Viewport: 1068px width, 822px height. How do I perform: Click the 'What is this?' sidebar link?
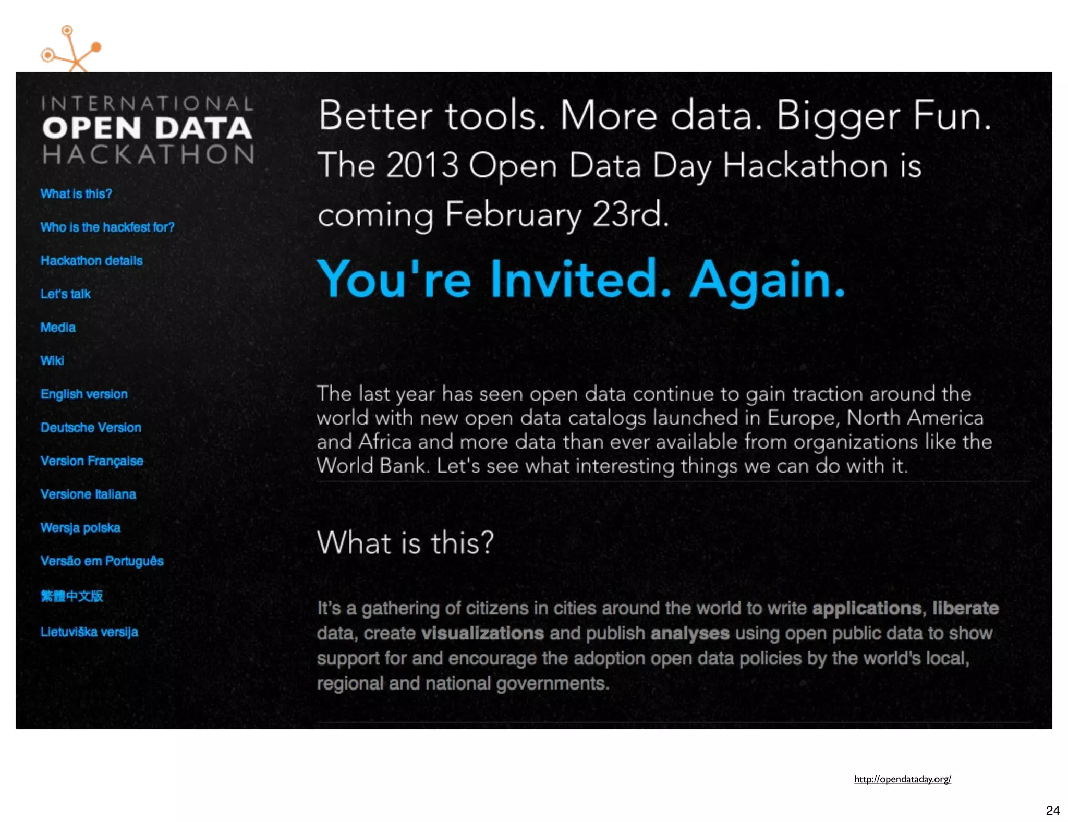tap(76, 194)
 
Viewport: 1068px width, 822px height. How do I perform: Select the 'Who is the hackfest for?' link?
tap(107, 227)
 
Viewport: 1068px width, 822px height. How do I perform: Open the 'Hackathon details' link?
tap(91, 261)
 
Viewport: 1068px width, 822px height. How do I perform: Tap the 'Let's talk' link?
tap(66, 294)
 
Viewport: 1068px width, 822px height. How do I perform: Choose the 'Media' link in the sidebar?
tap(58, 328)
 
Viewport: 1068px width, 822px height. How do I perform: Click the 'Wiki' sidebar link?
tap(52, 361)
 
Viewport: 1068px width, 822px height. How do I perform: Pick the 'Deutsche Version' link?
tap(91, 428)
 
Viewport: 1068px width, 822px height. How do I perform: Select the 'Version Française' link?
tap(92, 461)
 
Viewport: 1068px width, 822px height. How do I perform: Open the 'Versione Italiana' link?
tap(88, 494)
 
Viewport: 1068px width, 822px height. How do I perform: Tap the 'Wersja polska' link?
tap(80, 528)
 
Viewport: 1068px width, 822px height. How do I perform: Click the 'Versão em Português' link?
tap(102, 561)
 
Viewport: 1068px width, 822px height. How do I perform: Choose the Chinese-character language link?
tap(72, 596)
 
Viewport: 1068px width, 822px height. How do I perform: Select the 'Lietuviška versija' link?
tap(89, 632)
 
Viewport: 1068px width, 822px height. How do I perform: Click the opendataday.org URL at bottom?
tap(902, 779)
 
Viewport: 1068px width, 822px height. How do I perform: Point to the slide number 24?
tap(1052, 811)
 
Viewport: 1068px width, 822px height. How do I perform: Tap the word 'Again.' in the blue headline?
tap(767, 280)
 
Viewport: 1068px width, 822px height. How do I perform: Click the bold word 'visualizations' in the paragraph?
tap(482, 633)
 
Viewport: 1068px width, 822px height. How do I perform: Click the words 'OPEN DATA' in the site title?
tap(147, 129)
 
